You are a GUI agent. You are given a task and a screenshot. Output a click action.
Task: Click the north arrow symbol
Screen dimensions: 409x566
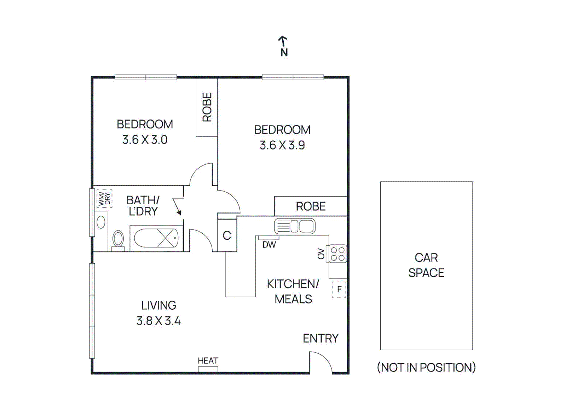click(x=283, y=41)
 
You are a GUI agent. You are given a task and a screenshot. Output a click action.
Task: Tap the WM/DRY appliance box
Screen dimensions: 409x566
click(x=104, y=199)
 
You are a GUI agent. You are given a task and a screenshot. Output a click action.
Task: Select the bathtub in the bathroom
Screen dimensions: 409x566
click(x=156, y=238)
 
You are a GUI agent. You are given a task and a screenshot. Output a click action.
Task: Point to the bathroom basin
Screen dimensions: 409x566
click(x=101, y=222)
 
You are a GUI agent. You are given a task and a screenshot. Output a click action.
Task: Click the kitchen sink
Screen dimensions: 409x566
click(x=295, y=226)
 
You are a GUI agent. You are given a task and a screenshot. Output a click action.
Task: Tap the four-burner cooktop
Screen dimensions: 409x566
click(x=337, y=254)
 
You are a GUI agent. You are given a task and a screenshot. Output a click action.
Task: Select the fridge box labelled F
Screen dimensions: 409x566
click(x=339, y=290)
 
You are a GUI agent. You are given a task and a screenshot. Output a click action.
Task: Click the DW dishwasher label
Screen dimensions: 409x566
click(x=269, y=245)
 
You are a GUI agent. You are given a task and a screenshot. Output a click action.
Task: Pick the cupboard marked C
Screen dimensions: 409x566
click(x=227, y=235)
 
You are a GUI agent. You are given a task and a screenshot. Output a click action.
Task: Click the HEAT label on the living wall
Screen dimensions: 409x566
click(x=208, y=361)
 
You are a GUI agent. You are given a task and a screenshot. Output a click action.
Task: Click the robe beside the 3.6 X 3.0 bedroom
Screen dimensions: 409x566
click(x=207, y=107)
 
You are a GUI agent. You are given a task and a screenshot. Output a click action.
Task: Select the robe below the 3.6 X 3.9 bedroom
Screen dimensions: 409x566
click(x=311, y=206)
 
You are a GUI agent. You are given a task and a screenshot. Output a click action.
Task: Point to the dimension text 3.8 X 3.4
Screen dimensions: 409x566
click(x=158, y=321)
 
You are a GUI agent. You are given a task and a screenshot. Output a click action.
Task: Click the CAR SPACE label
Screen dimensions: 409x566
click(x=426, y=265)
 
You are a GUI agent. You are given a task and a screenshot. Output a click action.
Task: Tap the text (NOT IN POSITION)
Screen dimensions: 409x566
click(x=426, y=368)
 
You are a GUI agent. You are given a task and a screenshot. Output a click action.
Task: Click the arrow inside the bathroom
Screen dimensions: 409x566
click(x=177, y=206)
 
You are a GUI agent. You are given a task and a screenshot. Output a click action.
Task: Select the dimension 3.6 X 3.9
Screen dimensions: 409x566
click(x=282, y=145)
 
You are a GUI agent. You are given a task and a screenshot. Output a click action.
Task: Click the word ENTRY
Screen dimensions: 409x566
click(x=320, y=339)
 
